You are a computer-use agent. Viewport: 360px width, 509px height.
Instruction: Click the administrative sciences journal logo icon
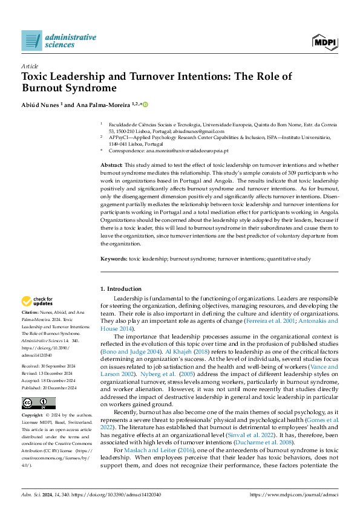[31, 40]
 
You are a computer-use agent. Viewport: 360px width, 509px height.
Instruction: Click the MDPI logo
[325, 41]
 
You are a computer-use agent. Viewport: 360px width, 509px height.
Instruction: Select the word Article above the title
[30, 66]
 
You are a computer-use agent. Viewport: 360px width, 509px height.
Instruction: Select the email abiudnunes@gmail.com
[201, 131]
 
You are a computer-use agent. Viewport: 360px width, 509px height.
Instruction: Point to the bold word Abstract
[111, 165]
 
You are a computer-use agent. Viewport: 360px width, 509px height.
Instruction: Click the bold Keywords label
[114, 258]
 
